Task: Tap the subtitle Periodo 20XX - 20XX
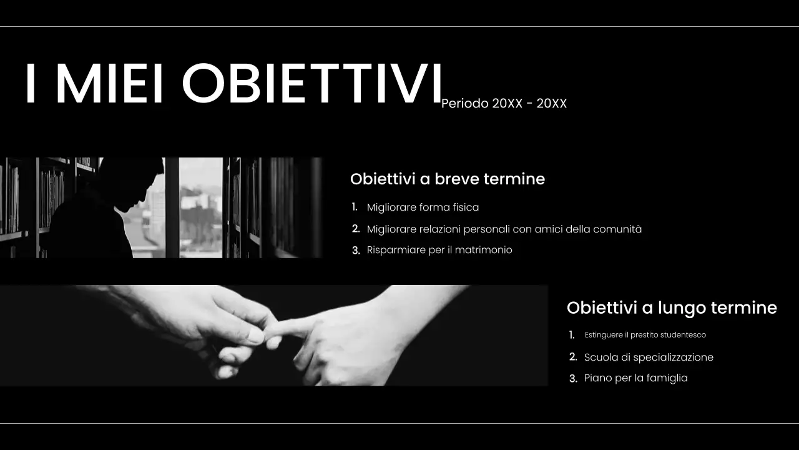[504, 104]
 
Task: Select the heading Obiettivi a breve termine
[447, 179]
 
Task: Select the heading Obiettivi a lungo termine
[672, 307]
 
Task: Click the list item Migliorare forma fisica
[423, 207]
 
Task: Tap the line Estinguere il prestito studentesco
[645, 335]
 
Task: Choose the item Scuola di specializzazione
[649, 357]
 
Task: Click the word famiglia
[667, 378]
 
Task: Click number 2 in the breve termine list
[356, 229]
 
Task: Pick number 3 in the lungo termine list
[573, 379]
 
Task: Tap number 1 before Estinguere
[572, 335]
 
